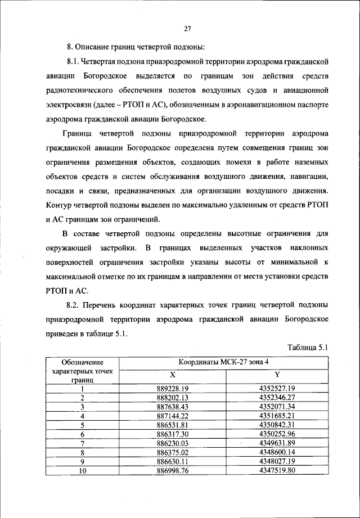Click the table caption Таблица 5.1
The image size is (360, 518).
point(307,347)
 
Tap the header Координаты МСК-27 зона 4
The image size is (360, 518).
point(224,363)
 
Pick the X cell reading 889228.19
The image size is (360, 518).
point(172,388)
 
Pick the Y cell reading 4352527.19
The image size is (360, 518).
point(277,388)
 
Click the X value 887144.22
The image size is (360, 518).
point(172,416)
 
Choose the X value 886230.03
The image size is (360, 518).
point(172,443)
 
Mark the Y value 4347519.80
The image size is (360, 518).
point(277,471)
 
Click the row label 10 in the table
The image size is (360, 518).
point(82,471)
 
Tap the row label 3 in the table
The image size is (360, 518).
point(82,407)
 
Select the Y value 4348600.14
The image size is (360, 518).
point(277,452)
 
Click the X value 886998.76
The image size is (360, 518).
point(172,471)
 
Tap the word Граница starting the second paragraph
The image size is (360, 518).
point(78,134)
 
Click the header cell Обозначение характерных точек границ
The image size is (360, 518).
point(82,371)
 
